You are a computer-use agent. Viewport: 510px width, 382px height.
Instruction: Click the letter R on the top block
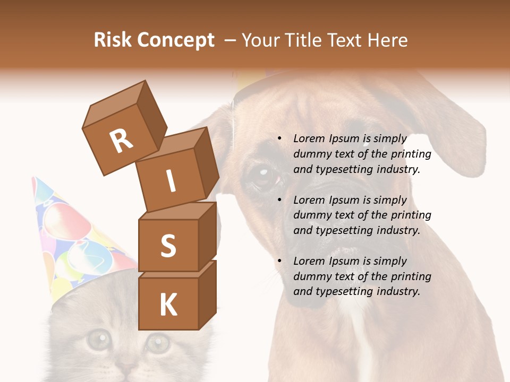pyautogui.click(x=122, y=141)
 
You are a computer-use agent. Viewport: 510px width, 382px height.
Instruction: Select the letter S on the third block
pyautogui.click(x=168, y=246)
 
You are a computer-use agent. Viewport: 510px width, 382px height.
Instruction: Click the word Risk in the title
pyautogui.click(x=113, y=40)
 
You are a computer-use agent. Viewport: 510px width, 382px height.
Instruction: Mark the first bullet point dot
pyautogui.click(x=279, y=138)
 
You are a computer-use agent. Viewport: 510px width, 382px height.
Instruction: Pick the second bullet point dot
pyautogui.click(x=279, y=200)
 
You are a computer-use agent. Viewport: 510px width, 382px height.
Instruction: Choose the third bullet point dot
pyautogui.click(x=279, y=261)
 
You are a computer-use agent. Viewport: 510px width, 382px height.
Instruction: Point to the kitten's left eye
pyautogui.click(x=97, y=340)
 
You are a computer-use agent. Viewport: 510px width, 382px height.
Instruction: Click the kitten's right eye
pyautogui.click(x=158, y=342)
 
